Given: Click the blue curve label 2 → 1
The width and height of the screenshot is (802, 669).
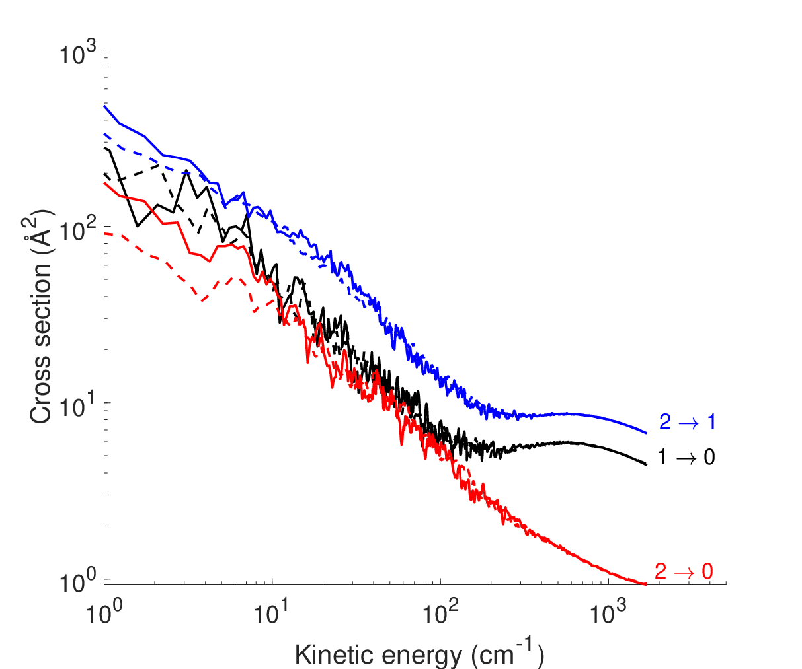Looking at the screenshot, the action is (x=688, y=422).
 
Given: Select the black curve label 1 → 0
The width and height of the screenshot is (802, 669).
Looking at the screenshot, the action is (x=686, y=457).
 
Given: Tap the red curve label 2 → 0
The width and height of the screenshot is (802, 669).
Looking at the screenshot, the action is (x=684, y=571).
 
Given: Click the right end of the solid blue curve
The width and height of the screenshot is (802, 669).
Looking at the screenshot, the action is (x=647, y=433).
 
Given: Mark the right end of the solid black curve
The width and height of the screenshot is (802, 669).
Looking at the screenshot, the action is (x=647, y=465).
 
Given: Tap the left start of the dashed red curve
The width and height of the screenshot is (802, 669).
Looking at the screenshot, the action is (x=104, y=233).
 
